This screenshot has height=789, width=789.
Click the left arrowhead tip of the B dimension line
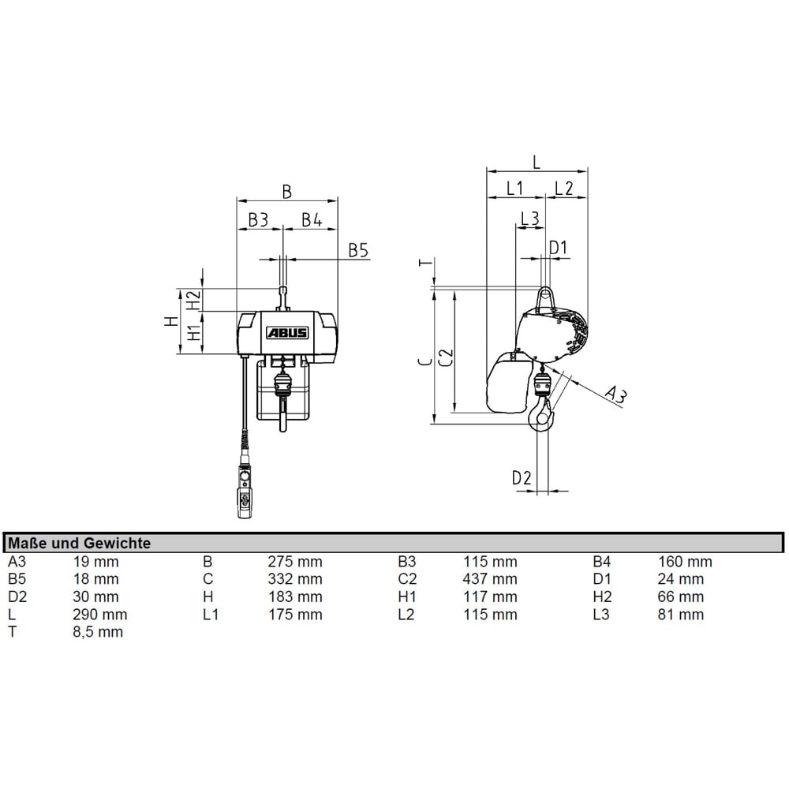pos(237,201)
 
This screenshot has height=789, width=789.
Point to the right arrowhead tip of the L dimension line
pos(587,171)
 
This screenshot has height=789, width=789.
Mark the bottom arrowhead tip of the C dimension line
pos(434,424)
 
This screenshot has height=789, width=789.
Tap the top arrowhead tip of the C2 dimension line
pos(455,290)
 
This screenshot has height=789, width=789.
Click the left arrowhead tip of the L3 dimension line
pos(516,228)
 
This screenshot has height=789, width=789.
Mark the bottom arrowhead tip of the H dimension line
pos(180,353)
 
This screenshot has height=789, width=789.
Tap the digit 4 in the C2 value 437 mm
pos(467,579)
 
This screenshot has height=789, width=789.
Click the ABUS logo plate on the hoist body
pos(287,333)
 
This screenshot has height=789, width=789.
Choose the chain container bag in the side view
pos(508,383)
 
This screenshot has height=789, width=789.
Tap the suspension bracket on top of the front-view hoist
pos(283,299)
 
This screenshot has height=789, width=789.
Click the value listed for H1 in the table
pos(490,596)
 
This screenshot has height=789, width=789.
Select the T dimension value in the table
pos(98,632)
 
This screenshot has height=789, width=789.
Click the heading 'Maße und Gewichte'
pos(80,544)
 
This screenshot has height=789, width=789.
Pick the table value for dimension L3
pos(681,615)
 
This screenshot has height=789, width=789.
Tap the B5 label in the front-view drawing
pos(359,250)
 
